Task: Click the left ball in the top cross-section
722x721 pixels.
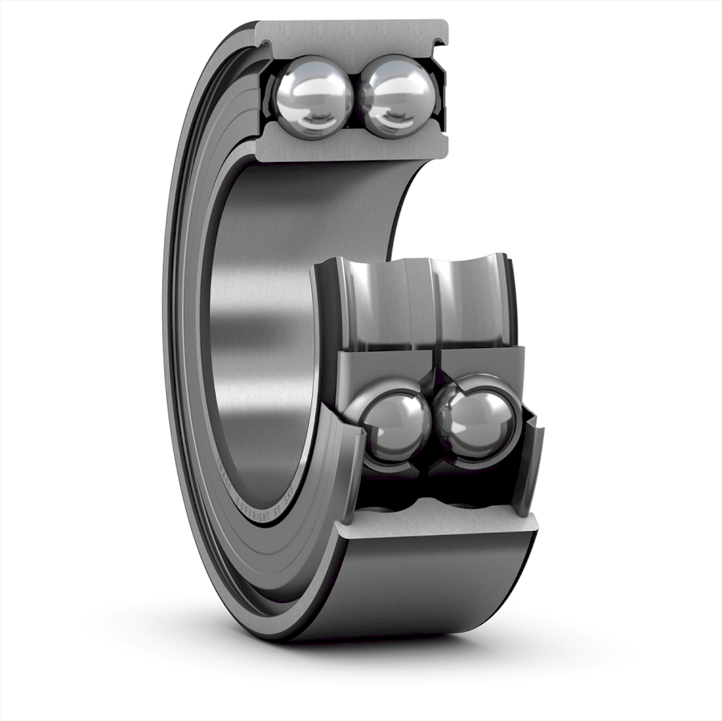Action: coord(314,97)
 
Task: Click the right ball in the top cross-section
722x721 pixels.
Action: coord(396,97)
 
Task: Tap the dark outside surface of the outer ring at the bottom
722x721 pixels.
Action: coord(433,585)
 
